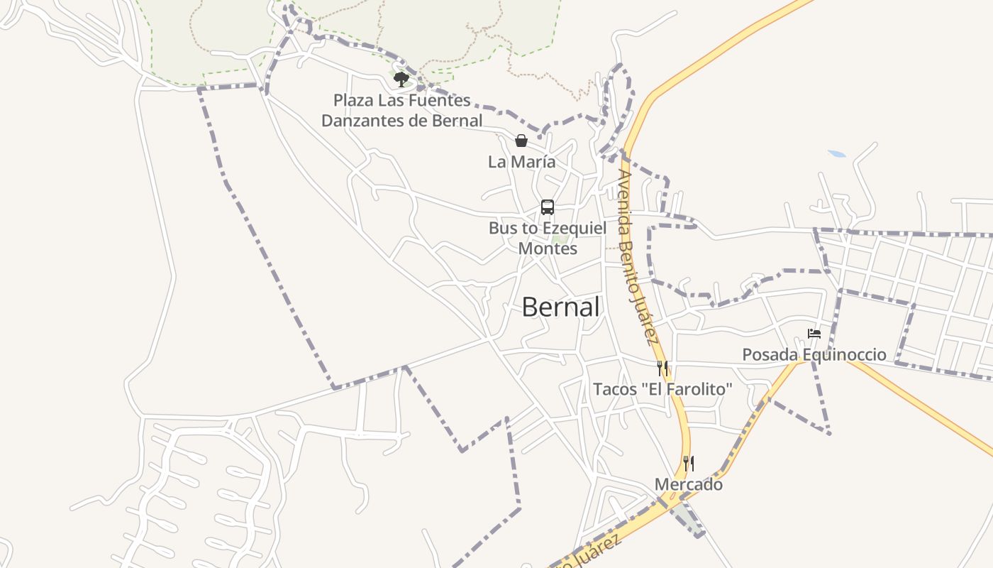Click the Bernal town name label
pyautogui.click(x=560, y=307)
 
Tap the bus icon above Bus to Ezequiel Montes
pyautogui.click(x=548, y=207)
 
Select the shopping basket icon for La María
pyautogui.click(x=521, y=141)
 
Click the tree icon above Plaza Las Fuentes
pyautogui.click(x=401, y=79)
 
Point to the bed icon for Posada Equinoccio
pyautogui.click(x=814, y=333)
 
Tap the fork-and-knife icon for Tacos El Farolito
pyautogui.click(x=662, y=368)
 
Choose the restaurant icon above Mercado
pyautogui.click(x=688, y=464)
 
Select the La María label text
pyautogui.click(x=521, y=162)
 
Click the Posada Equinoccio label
pyautogui.click(x=814, y=354)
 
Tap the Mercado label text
pyautogui.click(x=688, y=484)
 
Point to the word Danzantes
pyautogui.click(x=362, y=121)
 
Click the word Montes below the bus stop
pyautogui.click(x=548, y=248)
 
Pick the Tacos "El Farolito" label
pyautogui.click(x=662, y=389)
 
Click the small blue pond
pyautogui.click(x=837, y=153)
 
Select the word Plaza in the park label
pyautogui.click(x=353, y=100)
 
